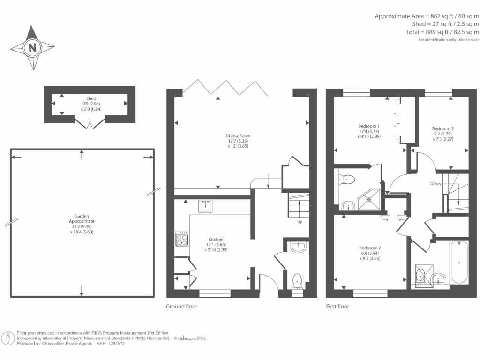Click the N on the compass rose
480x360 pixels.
pyautogui.click(x=32, y=47)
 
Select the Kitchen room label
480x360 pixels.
pyautogui.click(x=216, y=239)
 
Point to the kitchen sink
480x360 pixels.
pyautogui.click(x=206, y=206)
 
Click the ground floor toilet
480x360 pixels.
pyautogui.click(x=297, y=281)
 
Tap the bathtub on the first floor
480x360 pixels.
pyautogui.click(x=458, y=262)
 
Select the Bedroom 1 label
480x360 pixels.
pyautogui.click(x=368, y=126)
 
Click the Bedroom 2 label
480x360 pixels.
pyautogui.click(x=369, y=248)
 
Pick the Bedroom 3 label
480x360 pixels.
pyautogui.click(x=442, y=128)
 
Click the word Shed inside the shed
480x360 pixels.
pyautogui.click(x=91, y=98)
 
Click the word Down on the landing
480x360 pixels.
pyautogui.click(x=435, y=184)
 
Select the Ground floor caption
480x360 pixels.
pyautogui.click(x=181, y=307)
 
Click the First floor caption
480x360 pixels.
pyautogui.click(x=337, y=307)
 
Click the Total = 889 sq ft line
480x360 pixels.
pyautogui.click(x=442, y=32)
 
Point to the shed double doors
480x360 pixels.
pyautogui.click(x=89, y=124)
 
